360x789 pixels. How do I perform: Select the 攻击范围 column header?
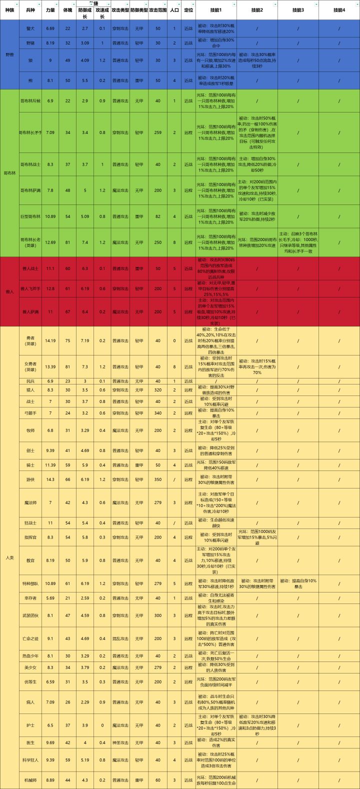[158, 10]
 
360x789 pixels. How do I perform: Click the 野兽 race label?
[9, 53]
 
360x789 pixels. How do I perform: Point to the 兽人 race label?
[9, 291]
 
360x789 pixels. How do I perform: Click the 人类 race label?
[9, 557]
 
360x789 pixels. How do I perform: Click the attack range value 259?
[158, 132]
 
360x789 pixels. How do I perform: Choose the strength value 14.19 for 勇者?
[50, 340]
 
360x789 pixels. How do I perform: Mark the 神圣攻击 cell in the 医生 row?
[120, 742]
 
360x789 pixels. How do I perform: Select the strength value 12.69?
[50, 242]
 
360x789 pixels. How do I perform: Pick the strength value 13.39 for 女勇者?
[50, 366]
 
